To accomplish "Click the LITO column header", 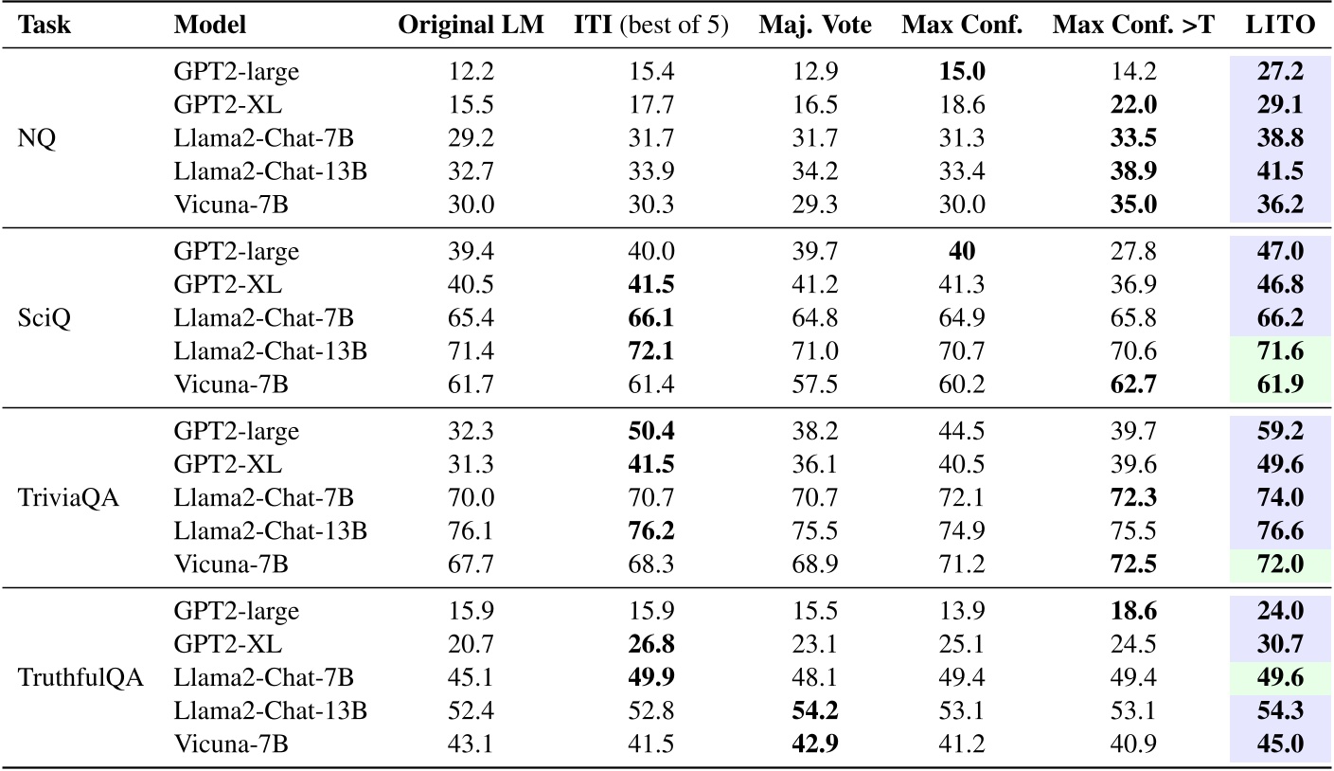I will [x=1281, y=27].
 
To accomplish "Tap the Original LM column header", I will [x=471, y=27].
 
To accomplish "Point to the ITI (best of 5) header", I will [x=652, y=27].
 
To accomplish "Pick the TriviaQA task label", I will [x=68, y=498].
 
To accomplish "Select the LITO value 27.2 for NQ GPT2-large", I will [x=1281, y=72].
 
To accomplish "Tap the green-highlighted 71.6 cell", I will [x=1281, y=352].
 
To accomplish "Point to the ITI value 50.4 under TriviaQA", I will [x=652, y=431].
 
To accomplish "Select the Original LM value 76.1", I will [x=471, y=531].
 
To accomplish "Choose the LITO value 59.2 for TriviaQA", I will [x=1281, y=431].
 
